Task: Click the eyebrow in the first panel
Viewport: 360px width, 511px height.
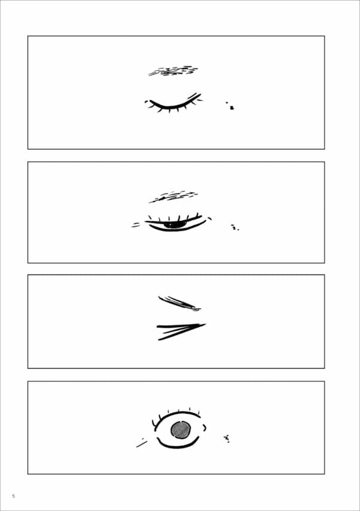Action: [173, 71]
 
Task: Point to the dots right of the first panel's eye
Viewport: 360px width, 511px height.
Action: [230, 106]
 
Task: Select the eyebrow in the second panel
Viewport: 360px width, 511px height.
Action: [173, 196]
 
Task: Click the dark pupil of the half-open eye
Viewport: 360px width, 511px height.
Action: [175, 225]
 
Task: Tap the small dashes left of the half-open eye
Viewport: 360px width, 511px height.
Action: [136, 225]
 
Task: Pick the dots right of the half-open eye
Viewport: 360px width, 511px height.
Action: [235, 227]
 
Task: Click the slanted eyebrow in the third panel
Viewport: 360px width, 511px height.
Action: [179, 303]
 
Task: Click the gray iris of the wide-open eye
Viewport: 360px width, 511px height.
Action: [181, 430]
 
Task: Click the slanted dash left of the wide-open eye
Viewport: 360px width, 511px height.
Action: [142, 444]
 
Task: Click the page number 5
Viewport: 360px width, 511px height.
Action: [13, 496]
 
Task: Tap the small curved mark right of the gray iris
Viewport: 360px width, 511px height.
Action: [205, 428]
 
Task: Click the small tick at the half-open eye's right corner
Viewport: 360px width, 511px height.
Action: [210, 219]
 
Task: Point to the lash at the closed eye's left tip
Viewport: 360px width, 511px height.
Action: [147, 102]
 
